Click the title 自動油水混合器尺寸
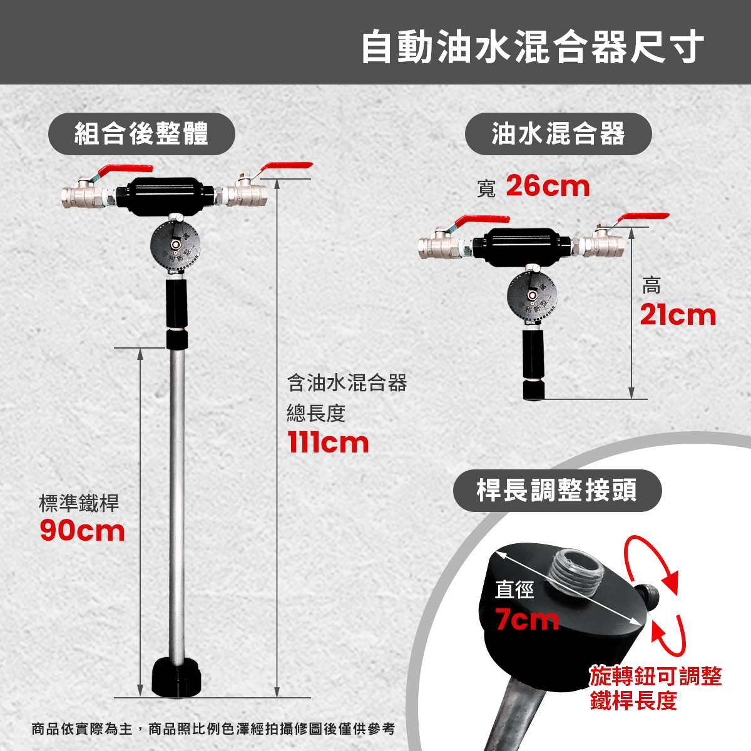(x=533, y=47)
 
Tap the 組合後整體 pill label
(x=141, y=134)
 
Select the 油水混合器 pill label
(x=558, y=134)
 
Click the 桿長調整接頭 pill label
(x=558, y=490)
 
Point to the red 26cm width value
(x=548, y=186)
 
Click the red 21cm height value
(x=678, y=315)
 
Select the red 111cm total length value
(x=328, y=442)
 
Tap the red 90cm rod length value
(x=82, y=531)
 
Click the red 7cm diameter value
(x=527, y=620)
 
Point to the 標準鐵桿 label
(x=79, y=503)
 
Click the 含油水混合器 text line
(x=347, y=383)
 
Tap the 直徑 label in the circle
(x=514, y=590)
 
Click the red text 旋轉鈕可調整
(x=656, y=676)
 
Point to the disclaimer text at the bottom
(x=213, y=728)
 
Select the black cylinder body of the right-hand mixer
(x=522, y=247)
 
